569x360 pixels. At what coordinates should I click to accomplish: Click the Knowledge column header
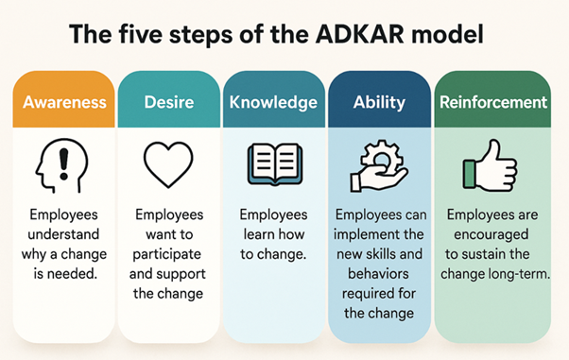[x=273, y=101]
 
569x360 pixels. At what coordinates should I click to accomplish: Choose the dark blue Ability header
[x=379, y=101]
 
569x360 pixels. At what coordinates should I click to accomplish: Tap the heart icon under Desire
[x=167, y=163]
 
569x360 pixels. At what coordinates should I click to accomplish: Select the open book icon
[x=273, y=163]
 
